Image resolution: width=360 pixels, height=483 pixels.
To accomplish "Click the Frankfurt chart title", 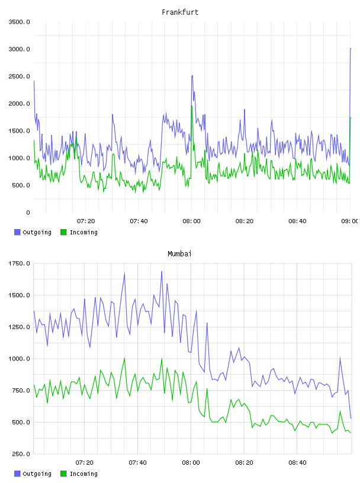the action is point(180,12).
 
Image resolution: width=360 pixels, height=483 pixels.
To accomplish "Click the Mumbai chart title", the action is point(179,254).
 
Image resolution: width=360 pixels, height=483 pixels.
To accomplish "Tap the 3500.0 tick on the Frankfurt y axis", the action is point(20,22).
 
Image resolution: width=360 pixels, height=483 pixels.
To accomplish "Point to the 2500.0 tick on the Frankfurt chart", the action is point(20,76).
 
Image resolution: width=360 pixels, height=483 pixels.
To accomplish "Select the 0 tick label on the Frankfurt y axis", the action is point(28,212).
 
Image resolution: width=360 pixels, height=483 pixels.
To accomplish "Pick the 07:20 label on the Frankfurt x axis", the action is point(86,221).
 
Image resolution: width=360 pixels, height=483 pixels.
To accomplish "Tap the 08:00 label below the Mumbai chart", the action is point(191,463).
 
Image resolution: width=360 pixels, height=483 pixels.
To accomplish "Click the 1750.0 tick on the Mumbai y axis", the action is point(20,263).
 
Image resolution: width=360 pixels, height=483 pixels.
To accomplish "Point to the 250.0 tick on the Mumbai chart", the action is point(21,454).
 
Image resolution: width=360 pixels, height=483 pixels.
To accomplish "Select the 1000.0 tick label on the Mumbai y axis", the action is point(20,359).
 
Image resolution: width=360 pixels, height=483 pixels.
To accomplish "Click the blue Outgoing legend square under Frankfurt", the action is point(17,232).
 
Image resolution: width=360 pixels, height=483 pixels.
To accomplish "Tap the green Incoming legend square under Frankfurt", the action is point(63,232).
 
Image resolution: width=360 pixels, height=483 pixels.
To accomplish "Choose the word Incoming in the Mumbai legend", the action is point(83,474).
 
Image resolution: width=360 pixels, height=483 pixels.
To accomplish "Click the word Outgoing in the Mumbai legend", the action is point(37,474).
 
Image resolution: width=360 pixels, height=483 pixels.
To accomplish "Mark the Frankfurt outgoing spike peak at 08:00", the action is point(192,76).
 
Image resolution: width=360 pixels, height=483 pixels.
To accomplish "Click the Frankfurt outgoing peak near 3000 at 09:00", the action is point(351,49).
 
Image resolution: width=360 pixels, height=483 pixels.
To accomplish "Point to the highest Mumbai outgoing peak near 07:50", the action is point(162,271).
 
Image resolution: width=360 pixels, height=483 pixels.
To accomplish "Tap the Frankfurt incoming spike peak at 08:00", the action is point(192,106).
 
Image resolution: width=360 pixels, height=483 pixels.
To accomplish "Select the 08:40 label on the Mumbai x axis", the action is point(297,463).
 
